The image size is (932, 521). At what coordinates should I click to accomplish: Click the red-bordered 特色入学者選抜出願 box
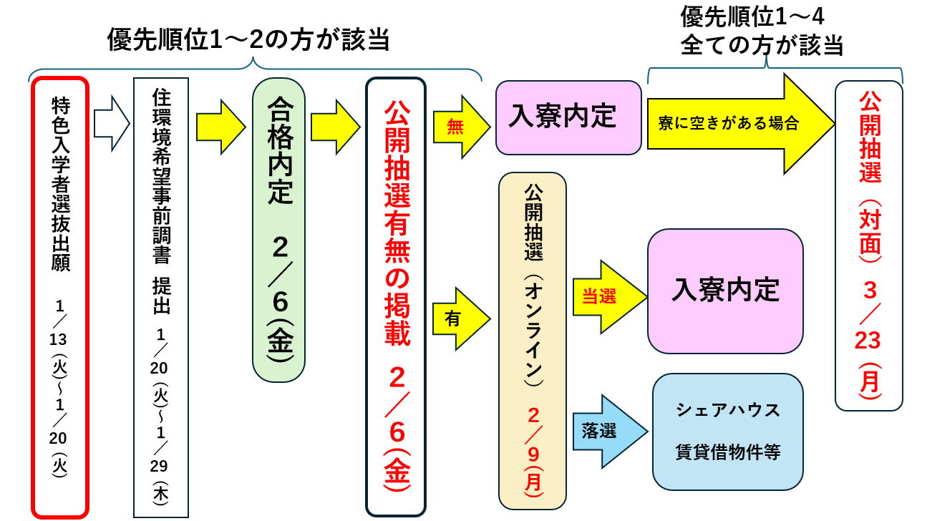point(60,297)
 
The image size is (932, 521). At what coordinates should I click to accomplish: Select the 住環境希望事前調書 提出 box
point(161,297)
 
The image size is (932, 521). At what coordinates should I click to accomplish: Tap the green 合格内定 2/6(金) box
point(278,230)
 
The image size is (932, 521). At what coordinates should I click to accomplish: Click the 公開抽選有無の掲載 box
point(396,297)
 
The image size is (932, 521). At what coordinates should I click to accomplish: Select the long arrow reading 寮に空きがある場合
point(737,123)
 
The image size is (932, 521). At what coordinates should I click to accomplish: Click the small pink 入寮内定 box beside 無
point(568,117)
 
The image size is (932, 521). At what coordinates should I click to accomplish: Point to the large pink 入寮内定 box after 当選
point(725,291)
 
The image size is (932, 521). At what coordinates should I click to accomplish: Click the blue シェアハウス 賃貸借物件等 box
point(727,432)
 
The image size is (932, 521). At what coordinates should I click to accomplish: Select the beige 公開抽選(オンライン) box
point(533,341)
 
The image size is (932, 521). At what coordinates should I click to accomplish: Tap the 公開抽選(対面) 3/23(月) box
point(869,245)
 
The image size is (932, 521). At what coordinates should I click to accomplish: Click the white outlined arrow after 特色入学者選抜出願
point(111,124)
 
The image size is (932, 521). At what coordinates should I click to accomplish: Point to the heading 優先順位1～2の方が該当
point(248,39)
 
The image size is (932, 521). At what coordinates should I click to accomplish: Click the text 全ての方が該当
point(762,46)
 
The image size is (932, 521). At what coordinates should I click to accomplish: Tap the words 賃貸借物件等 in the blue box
point(727,452)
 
